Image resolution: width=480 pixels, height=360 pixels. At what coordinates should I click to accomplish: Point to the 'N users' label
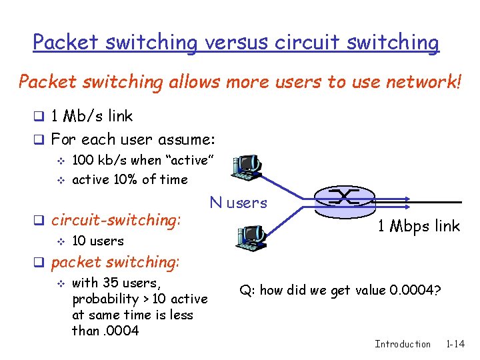pos(238,203)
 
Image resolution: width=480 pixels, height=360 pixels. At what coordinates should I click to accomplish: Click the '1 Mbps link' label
pos(419,226)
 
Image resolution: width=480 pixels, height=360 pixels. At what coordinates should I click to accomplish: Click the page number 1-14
pos(456,344)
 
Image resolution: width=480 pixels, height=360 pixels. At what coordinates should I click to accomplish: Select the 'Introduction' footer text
pos(403,344)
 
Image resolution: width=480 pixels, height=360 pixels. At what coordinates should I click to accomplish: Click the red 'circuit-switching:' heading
pos(116,219)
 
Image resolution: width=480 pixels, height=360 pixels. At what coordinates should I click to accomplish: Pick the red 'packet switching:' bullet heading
pos(116,262)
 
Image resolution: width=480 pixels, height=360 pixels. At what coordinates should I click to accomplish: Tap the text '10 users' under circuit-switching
pos(97,241)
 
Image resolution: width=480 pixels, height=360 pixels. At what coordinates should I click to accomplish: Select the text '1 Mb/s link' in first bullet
pos(92,116)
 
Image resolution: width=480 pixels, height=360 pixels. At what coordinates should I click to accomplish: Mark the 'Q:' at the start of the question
pos(247,290)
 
